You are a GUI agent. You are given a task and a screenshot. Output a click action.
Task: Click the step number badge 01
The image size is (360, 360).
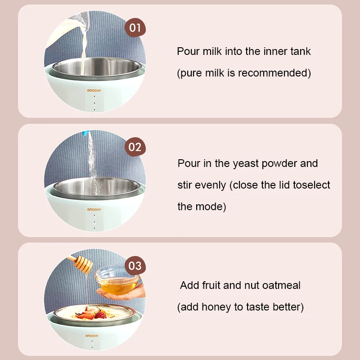pyautogui.click(x=135, y=28)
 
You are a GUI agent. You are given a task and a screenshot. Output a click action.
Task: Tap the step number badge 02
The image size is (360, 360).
pyautogui.click(x=135, y=147)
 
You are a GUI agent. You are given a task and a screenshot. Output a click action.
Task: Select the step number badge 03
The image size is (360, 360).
pyautogui.click(x=135, y=265)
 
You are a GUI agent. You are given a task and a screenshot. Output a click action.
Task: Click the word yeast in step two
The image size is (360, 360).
pyautogui.click(x=246, y=164)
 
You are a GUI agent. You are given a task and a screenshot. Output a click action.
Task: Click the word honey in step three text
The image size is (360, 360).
pyautogui.click(x=216, y=307)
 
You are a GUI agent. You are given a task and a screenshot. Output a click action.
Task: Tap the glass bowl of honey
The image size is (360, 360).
pyautogui.click(x=117, y=280)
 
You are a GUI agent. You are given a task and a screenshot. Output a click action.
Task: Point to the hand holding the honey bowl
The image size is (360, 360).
pyautogui.click(x=121, y=293)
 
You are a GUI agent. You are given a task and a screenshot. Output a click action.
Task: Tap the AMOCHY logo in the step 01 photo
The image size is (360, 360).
pyautogui.click(x=94, y=90)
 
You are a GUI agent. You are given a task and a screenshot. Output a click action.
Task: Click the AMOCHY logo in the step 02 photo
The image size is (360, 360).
pyautogui.click(x=94, y=209)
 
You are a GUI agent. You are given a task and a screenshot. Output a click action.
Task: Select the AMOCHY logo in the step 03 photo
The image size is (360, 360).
pyautogui.click(x=92, y=336)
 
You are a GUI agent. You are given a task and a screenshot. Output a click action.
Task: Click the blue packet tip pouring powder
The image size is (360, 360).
pyautogui.click(x=86, y=133)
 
